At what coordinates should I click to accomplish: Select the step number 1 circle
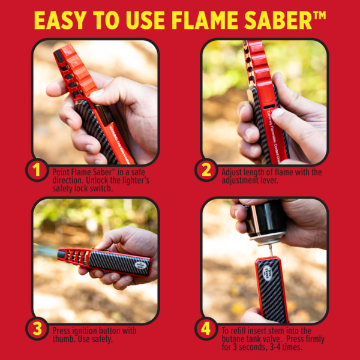coord(37,171)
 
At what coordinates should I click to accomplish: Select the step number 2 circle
coord(206,171)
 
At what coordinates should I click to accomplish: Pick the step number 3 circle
coord(37,329)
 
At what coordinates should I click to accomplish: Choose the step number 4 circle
coord(206,329)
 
